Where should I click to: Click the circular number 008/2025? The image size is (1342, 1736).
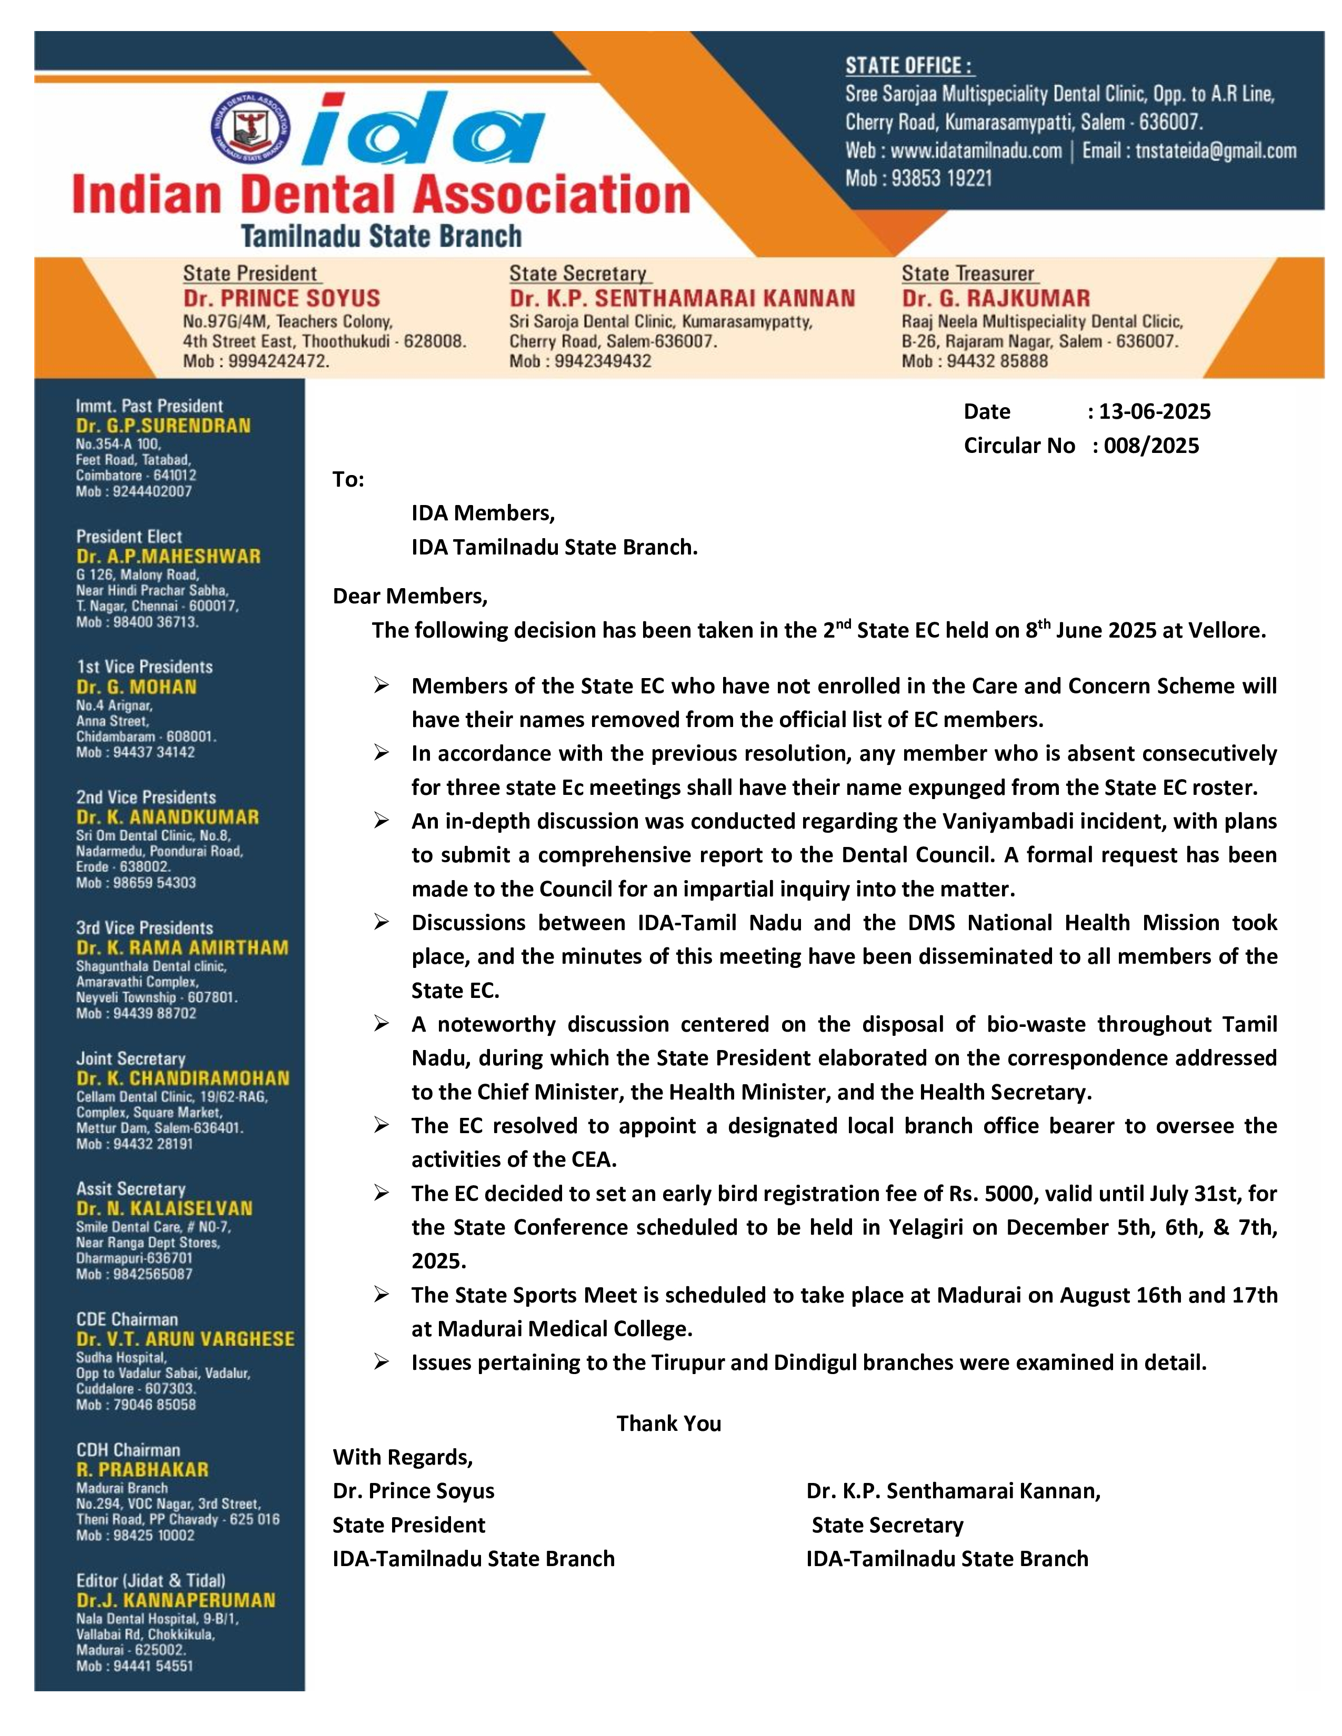coord(1150,446)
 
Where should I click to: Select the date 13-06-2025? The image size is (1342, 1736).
coord(1154,412)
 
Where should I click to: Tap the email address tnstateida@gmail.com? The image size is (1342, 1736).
coord(1216,151)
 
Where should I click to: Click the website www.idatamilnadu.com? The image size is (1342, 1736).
coord(976,151)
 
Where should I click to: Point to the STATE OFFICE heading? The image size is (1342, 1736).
coord(909,65)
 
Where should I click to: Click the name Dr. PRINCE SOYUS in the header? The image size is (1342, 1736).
coord(282,299)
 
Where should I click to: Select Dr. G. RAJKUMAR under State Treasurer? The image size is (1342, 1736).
coord(995,299)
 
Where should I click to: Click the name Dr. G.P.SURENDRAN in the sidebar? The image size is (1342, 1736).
coord(163,426)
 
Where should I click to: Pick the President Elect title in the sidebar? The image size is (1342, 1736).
coord(129,537)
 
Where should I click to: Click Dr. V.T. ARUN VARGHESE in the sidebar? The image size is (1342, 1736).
coord(185,1339)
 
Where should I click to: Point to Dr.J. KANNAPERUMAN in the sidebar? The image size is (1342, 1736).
coord(176,1600)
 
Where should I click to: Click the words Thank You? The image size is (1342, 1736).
coord(668,1424)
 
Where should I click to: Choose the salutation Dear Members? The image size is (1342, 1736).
coord(409,596)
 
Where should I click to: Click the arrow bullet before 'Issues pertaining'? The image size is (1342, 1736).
coord(382,1362)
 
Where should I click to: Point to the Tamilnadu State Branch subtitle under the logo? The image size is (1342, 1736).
coord(381,236)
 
